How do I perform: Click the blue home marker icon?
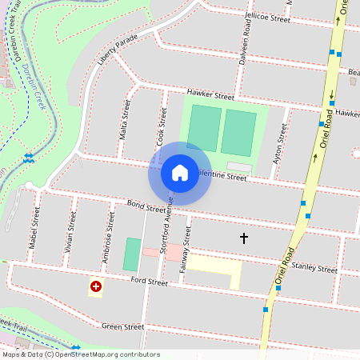[x=180, y=172]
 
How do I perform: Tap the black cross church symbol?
[x=244, y=238]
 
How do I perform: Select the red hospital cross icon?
[x=96, y=286]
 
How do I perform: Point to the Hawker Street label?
[x=208, y=94]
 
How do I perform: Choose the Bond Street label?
[x=147, y=208]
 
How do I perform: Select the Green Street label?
[x=123, y=326]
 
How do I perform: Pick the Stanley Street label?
[x=314, y=268]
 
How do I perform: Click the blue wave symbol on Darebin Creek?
[x=29, y=158]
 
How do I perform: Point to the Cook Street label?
[x=162, y=126]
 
